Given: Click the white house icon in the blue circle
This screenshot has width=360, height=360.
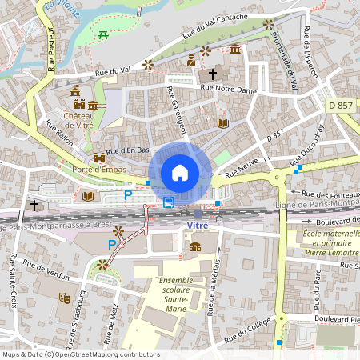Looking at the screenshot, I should [180, 172].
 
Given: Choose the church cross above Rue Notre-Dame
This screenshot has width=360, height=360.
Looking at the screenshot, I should [213, 74].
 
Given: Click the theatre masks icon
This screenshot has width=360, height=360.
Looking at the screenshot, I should [64, 298].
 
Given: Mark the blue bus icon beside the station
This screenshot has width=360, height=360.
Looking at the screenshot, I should [169, 202].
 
